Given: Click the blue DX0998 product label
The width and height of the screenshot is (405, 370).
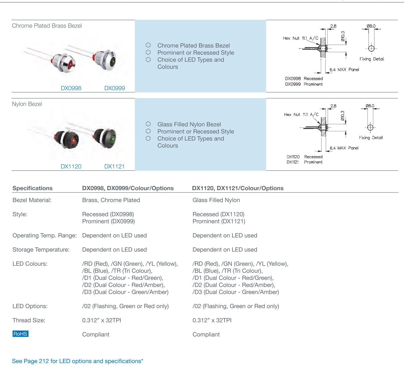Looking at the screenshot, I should (x=71, y=88).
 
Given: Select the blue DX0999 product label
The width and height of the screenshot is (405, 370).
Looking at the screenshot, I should (x=115, y=88).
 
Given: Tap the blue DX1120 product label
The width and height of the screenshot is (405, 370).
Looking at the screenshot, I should (x=71, y=166).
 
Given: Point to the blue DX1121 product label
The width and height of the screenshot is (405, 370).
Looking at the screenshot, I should (x=114, y=166).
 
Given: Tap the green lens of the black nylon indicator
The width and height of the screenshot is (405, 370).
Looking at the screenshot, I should (x=112, y=139).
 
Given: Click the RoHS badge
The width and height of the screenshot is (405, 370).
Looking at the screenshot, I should (x=20, y=334).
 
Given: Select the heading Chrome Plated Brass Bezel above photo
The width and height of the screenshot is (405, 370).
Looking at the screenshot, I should (x=47, y=26).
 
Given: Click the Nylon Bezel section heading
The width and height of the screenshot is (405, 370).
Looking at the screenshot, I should (x=27, y=104).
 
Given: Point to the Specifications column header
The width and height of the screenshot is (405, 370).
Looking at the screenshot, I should (x=32, y=188).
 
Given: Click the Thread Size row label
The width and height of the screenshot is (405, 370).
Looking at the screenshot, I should (x=29, y=320).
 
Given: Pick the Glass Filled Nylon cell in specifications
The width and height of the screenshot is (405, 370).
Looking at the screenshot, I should (x=216, y=200).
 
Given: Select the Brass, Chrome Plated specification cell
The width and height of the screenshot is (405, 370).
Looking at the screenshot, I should (x=111, y=200).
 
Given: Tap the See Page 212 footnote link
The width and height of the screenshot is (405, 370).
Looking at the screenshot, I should (x=77, y=361).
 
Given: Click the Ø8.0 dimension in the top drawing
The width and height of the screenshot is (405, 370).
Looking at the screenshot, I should (x=371, y=26).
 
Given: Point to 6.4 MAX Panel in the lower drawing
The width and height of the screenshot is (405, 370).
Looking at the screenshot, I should (x=344, y=148).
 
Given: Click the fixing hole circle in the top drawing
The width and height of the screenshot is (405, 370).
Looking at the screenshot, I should (x=371, y=48).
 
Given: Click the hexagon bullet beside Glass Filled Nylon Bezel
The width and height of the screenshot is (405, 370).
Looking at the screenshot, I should (x=148, y=124).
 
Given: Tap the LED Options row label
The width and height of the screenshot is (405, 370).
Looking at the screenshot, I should (x=30, y=306).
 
